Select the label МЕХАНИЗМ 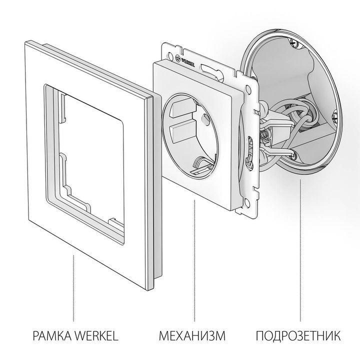pos(193,335)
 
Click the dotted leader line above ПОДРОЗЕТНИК pos(300,250)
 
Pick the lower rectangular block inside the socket pos(179,133)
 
